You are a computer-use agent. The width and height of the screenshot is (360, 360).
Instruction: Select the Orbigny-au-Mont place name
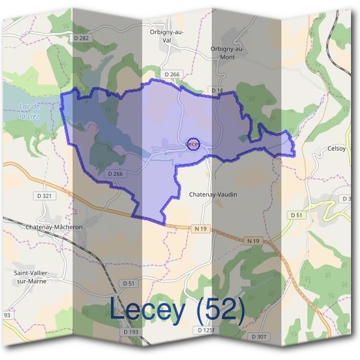point(227,53)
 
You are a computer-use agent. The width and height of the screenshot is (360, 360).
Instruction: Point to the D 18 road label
point(217,90)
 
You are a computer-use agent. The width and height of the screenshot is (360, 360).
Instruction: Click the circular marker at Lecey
point(192,144)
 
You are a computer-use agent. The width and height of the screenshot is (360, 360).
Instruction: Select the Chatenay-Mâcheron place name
point(54,227)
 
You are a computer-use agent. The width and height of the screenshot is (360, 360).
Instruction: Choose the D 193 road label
point(131,331)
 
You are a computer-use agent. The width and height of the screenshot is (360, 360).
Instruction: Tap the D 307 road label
point(259,337)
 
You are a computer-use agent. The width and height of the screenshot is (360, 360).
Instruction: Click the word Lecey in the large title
point(151,310)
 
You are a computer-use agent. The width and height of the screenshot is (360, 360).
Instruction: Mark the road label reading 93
point(7,314)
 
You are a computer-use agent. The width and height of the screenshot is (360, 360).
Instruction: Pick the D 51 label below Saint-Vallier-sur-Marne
point(128,283)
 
